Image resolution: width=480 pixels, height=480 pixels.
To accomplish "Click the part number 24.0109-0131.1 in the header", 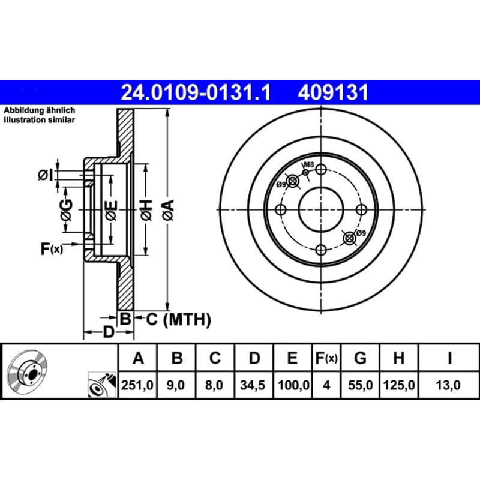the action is [x=196, y=92].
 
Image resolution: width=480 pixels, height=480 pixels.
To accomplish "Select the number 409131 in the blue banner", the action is [x=333, y=92].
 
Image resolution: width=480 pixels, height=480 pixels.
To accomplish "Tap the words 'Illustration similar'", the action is [x=39, y=120].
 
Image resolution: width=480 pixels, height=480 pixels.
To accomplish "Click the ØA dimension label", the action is [x=168, y=210].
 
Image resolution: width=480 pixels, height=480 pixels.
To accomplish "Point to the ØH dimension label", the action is [x=146, y=210].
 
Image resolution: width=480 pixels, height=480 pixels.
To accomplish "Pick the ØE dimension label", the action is [x=111, y=210].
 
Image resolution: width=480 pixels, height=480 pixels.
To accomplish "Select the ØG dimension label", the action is [x=67, y=210].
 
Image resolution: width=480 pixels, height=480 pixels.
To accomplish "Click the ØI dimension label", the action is [x=46, y=175].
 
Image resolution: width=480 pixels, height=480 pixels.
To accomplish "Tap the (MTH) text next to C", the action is [x=187, y=320].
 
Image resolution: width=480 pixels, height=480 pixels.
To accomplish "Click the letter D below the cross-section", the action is [x=109, y=332].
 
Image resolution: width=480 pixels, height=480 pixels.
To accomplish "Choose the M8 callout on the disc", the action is [x=309, y=164].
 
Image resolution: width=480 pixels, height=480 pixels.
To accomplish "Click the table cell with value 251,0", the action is [x=137, y=385].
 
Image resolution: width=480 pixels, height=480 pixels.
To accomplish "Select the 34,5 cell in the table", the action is [x=253, y=385].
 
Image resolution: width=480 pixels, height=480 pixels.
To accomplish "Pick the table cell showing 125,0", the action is [x=398, y=385].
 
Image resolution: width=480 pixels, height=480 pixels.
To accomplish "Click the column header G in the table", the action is [x=361, y=358].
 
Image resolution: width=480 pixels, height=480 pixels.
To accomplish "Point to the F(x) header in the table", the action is [x=326, y=358].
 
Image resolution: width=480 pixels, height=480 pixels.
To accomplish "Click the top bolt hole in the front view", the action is [x=321, y=169].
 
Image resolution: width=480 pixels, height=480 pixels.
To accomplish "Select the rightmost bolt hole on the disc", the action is [x=361, y=209].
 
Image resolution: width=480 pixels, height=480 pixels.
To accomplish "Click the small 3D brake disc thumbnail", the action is [x=27, y=369].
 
